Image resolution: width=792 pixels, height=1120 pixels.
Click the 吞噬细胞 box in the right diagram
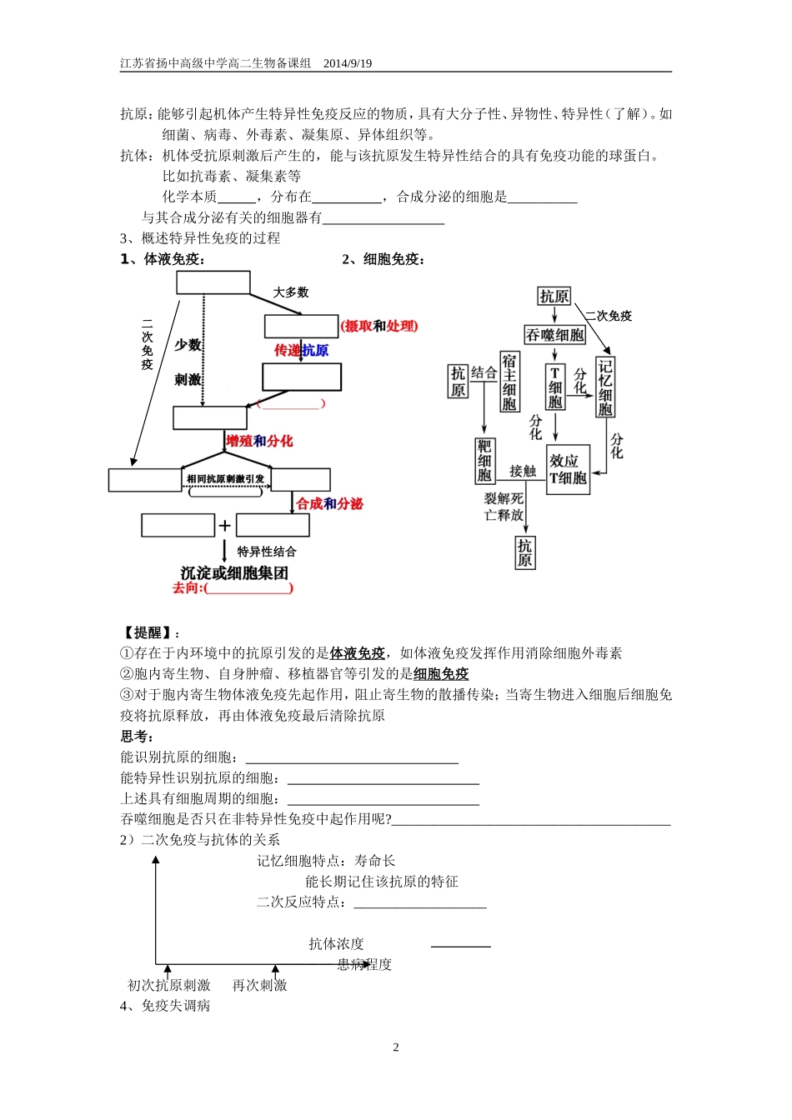(554, 335)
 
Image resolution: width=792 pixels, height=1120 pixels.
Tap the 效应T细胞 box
(568, 469)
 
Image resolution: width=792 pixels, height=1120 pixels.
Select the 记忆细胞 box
(605, 387)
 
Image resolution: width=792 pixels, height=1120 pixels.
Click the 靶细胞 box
(484, 461)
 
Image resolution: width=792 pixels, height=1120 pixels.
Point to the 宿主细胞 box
(509, 382)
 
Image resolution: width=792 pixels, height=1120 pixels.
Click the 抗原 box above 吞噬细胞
(554, 296)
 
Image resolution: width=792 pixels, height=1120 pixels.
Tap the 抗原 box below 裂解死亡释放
(524, 552)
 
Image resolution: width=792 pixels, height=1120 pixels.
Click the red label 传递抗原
(301, 351)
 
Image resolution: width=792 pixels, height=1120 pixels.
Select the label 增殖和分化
(259, 441)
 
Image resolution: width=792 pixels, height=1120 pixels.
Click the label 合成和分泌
(330, 503)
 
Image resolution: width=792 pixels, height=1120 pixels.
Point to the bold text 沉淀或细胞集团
(234, 572)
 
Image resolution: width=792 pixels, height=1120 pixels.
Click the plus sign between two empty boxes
(224, 526)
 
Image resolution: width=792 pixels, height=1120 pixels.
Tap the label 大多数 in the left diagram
(291, 292)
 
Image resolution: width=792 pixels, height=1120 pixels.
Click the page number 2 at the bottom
(396, 1047)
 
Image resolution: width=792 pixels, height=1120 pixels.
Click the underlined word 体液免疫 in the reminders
(358, 653)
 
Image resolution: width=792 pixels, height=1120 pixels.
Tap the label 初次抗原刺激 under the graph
(169, 985)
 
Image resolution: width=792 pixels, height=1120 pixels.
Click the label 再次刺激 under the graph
(259, 985)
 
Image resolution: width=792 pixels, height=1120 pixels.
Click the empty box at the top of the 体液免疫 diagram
(213, 282)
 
